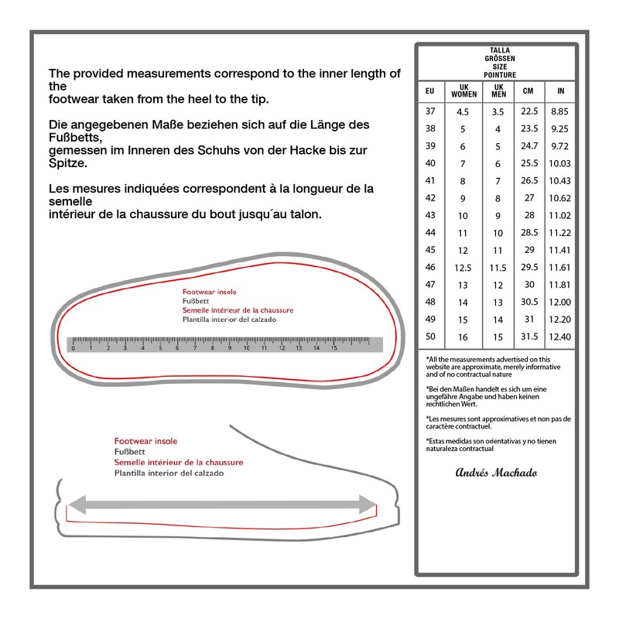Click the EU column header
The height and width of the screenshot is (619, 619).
(x=430, y=91)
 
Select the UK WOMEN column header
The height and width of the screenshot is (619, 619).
(x=463, y=91)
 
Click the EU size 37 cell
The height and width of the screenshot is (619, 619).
(x=430, y=111)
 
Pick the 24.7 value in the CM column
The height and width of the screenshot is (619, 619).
(x=529, y=145)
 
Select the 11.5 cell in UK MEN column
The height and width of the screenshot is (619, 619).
(x=498, y=268)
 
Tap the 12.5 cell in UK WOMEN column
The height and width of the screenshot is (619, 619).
(x=463, y=268)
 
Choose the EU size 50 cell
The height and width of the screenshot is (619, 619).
(x=430, y=337)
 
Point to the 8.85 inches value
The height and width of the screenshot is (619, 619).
(x=559, y=111)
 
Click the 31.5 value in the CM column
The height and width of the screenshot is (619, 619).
(x=529, y=337)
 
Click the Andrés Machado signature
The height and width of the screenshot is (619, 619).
(x=496, y=473)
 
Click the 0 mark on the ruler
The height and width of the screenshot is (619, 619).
(x=73, y=348)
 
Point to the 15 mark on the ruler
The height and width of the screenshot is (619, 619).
(x=334, y=348)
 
